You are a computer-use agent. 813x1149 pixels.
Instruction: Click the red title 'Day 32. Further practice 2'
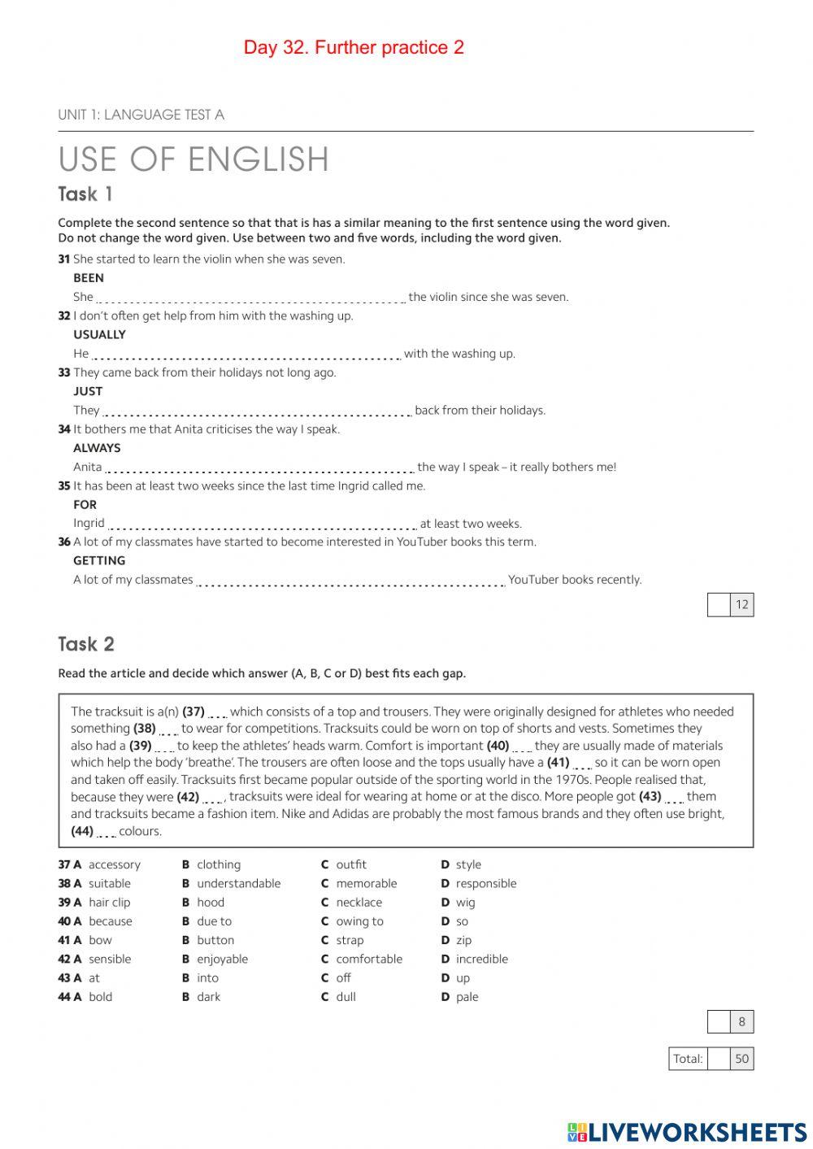354,48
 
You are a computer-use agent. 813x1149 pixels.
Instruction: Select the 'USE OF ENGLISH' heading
193,159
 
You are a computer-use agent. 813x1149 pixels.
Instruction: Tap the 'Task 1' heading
85,194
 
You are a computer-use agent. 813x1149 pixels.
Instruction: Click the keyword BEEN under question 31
89,278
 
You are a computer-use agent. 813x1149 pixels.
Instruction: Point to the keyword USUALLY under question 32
99,335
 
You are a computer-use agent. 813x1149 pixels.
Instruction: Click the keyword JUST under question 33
88,391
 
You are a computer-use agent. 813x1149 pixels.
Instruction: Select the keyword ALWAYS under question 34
97,448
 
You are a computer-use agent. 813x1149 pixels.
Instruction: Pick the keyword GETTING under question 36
99,561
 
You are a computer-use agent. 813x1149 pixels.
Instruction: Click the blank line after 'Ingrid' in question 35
263,524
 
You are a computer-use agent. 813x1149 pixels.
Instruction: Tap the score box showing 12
741,605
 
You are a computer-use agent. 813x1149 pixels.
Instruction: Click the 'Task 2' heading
86,645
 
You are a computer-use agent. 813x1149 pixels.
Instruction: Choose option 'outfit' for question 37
350,865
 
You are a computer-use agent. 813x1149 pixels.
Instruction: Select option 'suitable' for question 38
109,884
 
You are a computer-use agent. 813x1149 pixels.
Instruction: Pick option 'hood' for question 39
210,903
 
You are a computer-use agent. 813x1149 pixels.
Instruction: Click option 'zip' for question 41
463,941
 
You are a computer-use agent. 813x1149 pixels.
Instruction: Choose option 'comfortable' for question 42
368,960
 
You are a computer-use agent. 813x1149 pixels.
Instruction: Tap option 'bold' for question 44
100,997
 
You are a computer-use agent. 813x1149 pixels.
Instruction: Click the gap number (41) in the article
558,763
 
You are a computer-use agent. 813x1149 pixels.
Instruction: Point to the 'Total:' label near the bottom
688,1059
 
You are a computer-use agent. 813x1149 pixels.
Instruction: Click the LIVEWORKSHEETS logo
687,1132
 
